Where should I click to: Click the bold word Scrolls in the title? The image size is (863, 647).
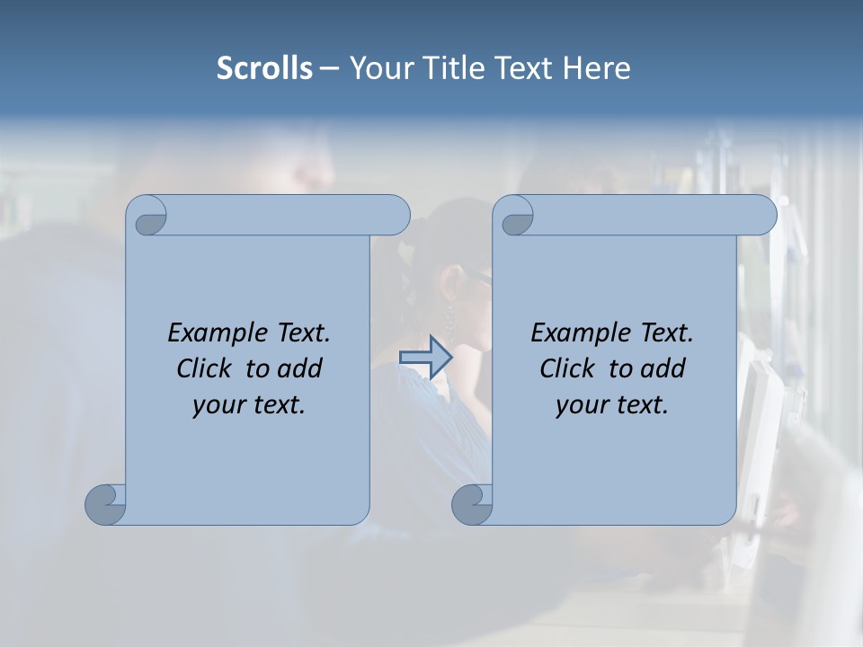(264, 68)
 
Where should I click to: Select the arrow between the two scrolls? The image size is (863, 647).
(425, 358)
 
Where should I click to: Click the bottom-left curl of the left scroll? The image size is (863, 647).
(106, 504)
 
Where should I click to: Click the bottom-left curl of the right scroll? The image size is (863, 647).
(473, 504)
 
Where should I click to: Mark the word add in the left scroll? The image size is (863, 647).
(301, 368)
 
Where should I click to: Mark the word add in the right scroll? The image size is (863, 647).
(664, 368)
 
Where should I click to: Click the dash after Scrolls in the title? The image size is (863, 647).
(329, 68)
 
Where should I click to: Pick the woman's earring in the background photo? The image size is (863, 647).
(449, 317)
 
